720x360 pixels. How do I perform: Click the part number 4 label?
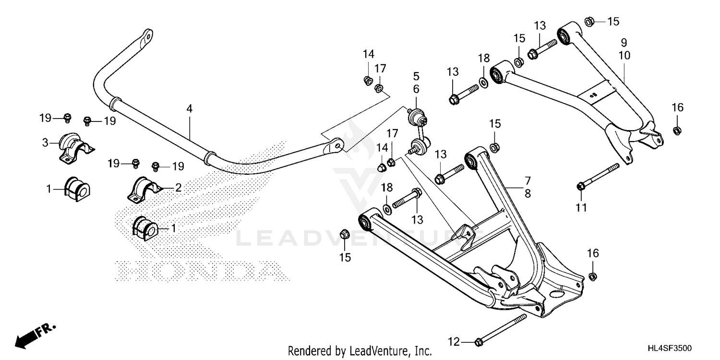(x=190, y=109)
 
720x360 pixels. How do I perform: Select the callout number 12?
(x=454, y=342)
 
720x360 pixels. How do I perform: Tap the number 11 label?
(x=581, y=207)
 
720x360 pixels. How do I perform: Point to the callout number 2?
(x=178, y=188)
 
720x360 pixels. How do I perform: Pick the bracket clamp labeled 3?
(x=74, y=144)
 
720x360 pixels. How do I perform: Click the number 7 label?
(x=528, y=181)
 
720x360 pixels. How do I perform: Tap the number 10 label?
(x=624, y=55)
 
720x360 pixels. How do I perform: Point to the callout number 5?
(x=416, y=76)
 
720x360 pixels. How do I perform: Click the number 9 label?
(x=624, y=42)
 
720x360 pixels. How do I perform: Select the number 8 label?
(x=528, y=193)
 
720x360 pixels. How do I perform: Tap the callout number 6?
(x=416, y=89)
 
